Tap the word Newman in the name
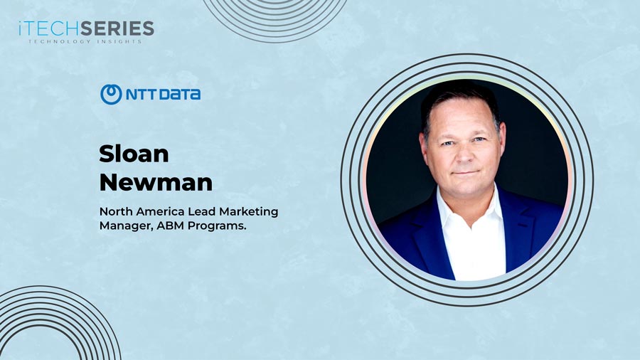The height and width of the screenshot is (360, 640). tap(156, 181)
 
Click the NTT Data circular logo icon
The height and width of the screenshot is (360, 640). tap(111, 94)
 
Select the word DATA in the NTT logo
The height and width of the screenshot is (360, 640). tap(180, 94)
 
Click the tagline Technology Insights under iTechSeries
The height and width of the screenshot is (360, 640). tap(85, 42)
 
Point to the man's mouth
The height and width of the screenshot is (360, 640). tap(465, 172)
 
